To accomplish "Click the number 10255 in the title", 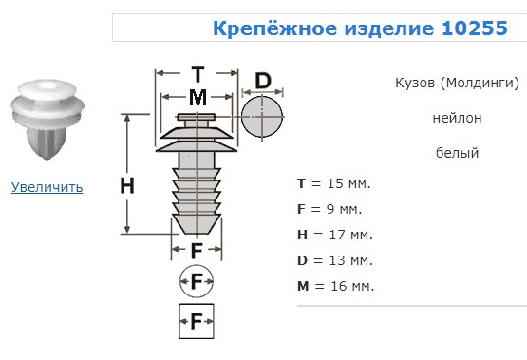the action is (x=474, y=28).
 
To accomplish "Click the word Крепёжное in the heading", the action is (x=275, y=28).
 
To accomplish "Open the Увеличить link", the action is (x=47, y=187).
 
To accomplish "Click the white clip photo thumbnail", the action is (x=47, y=120).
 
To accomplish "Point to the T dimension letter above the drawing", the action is (x=198, y=74).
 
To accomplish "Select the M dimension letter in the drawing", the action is (x=198, y=98).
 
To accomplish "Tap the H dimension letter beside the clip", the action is (x=127, y=185).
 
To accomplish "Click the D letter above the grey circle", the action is (x=263, y=81).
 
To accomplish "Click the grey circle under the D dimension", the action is (x=262, y=117).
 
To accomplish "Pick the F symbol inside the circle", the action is (x=197, y=281).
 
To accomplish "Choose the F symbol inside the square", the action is (x=197, y=321).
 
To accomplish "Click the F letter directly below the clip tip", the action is (x=197, y=251).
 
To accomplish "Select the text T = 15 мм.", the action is (x=333, y=183).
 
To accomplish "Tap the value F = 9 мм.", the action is (x=329, y=209).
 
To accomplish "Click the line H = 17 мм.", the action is (x=335, y=235).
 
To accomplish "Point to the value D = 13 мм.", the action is (x=335, y=260).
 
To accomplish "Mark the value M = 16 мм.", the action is (x=335, y=286).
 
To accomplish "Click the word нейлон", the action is (x=457, y=118).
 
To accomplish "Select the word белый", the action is (x=457, y=153).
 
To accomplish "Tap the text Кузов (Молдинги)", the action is (x=457, y=83).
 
